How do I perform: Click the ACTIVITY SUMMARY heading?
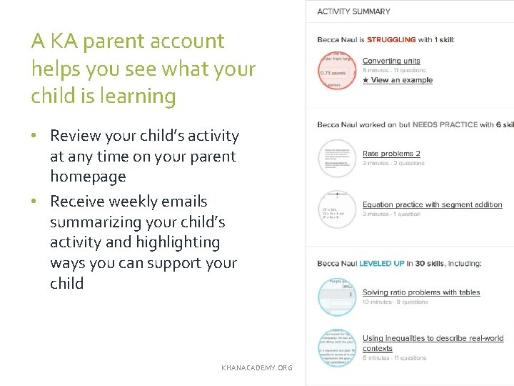353,11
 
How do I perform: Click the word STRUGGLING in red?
392,39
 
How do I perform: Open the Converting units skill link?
391,61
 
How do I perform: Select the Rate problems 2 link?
391,154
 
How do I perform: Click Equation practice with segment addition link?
432,204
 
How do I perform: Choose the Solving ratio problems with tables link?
421,292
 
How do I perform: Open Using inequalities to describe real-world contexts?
433,339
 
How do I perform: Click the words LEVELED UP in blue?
381,264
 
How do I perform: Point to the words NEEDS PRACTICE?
445,125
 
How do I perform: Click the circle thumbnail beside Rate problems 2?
337,158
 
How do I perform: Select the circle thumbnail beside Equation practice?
337,209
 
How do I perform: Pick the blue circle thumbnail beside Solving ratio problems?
337,297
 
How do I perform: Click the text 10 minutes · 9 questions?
395,302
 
